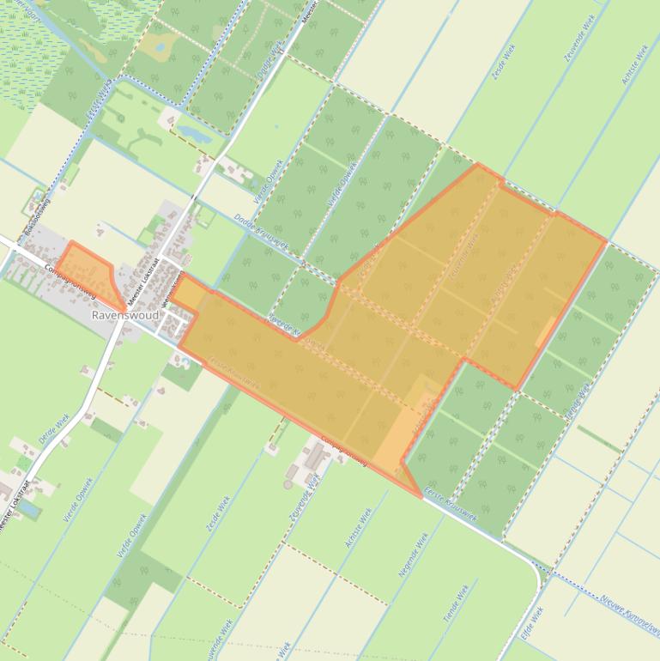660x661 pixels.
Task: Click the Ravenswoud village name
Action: [124, 316]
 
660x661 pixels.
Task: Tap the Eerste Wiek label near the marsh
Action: [99, 103]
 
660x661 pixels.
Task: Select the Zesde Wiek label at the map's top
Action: [503, 64]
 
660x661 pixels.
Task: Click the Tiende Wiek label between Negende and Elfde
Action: [457, 604]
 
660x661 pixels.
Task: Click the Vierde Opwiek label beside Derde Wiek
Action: [78, 500]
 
